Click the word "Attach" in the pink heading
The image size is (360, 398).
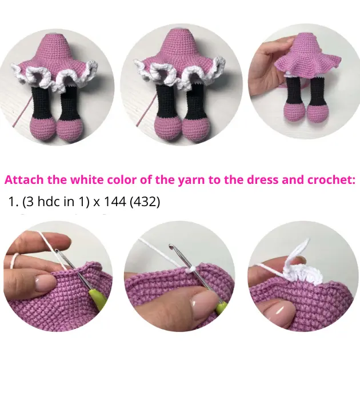[24, 180]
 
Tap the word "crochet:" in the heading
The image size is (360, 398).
[331, 180]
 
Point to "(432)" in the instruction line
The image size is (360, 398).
[145, 202]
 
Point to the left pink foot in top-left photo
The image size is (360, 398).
[42, 128]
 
